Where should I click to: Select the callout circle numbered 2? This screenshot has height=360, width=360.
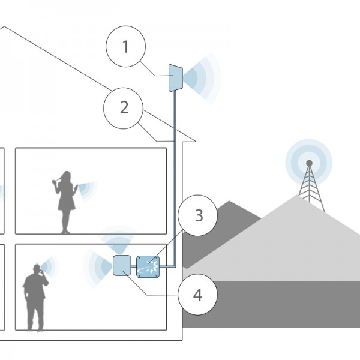pos(124,109)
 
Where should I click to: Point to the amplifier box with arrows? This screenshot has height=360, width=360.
pos(148,266)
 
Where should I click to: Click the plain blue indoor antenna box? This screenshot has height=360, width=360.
pos(123,265)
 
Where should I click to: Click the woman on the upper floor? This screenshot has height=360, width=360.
pos(65,201)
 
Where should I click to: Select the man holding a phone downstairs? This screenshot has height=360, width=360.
pos(34,297)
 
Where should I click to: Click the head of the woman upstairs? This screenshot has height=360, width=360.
pos(66,176)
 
